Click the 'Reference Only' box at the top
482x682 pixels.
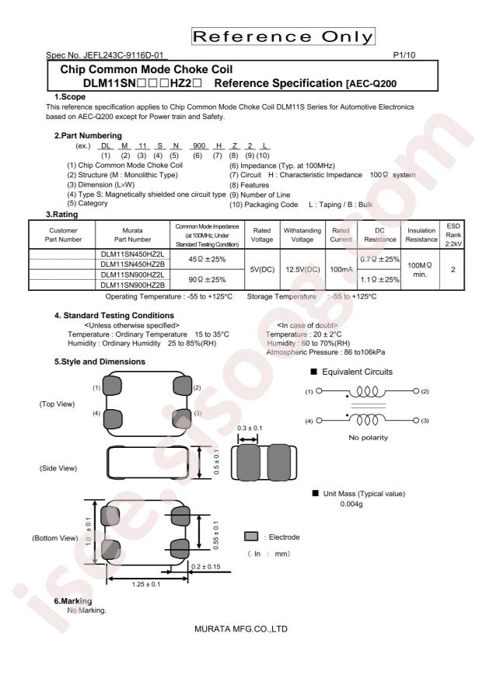[x=283, y=37]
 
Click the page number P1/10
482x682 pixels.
[x=403, y=54]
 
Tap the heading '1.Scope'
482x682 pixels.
[x=69, y=96]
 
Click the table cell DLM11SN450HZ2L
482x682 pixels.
[x=133, y=254]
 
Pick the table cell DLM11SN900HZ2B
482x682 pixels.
[x=133, y=285]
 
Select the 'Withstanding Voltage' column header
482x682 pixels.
[x=302, y=235]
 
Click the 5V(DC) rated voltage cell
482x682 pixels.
[x=262, y=270]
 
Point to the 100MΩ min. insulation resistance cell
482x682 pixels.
[x=420, y=270]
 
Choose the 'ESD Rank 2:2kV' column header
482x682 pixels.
[x=453, y=235]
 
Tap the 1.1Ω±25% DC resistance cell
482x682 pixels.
[x=380, y=280]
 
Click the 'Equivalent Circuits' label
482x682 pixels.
[x=358, y=372]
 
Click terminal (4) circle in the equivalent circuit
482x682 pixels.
[x=319, y=421]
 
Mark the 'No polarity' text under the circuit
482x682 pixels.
[x=368, y=438]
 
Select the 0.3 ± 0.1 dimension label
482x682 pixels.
[x=250, y=428]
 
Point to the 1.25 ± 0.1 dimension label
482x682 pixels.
[x=146, y=584]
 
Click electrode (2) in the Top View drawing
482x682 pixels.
[x=182, y=386]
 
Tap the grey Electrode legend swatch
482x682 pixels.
[x=251, y=537]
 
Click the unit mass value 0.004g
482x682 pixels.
[x=351, y=504]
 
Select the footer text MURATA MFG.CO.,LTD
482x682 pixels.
[x=241, y=628]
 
